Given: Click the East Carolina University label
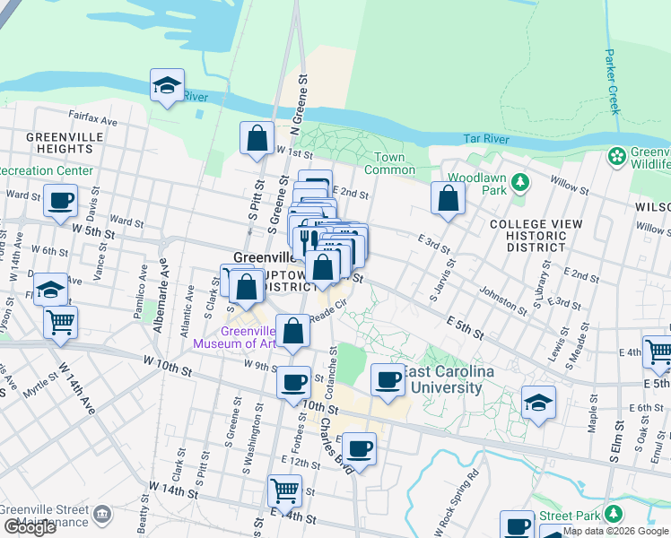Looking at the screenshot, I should click(x=442, y=381).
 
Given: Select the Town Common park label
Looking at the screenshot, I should click(x=388, y=164).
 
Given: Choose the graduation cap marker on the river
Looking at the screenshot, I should click(x=167, y=86).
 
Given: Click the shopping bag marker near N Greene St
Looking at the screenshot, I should click(x=257, y=139).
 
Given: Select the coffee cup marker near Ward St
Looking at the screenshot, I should click(x=60, y=201).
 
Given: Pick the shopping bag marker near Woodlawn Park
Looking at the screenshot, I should click(x=449, y=199).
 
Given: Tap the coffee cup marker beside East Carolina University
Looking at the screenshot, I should click(x=388, y=380).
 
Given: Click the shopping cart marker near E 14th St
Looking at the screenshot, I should click(x=284, y=491).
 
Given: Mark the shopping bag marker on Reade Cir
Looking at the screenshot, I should click(x=292, y=332).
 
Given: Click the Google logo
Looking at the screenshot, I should click(x=30, y=526).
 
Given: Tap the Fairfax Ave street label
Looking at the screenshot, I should click(x=93, y=118).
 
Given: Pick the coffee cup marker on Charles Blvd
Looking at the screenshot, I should click(x=359, y=449).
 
